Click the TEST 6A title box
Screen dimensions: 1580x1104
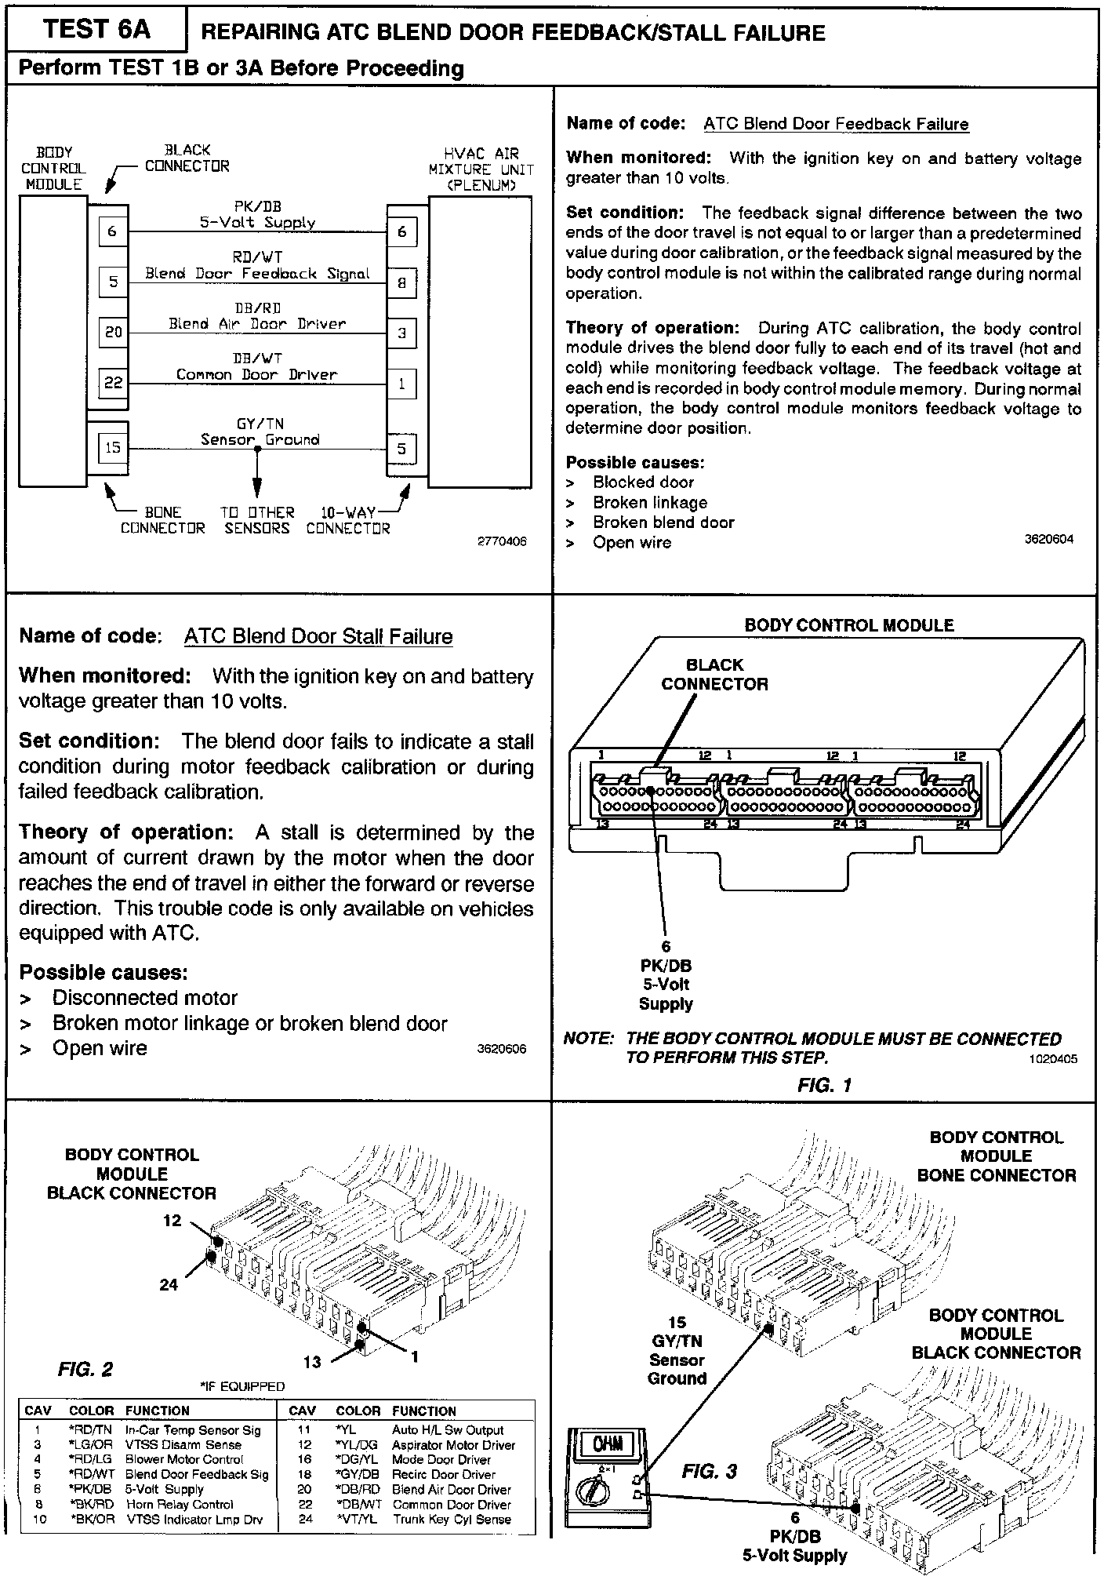(x=96, y=30)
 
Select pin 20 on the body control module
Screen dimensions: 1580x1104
(x=114, y=332)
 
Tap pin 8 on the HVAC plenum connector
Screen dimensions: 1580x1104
(x=401, y=283)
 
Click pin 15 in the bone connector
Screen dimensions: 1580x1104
(x=113, y=447)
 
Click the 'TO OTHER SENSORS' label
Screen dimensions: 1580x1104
(x=256, y=520)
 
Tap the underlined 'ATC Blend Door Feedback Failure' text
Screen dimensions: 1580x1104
(x=836, y=124)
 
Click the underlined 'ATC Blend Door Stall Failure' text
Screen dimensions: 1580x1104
(x=318, y=636)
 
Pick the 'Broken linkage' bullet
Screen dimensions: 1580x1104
(x=650, y=502)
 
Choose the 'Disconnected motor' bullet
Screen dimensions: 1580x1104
(x=144, y=998)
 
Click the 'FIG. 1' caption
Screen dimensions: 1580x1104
(x=823, y=1085)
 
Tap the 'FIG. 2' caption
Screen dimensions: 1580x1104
(x=85, y=1370)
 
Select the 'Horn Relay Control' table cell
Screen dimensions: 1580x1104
(x=180, y=1504)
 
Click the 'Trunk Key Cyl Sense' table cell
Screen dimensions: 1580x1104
(x=452, y=1519)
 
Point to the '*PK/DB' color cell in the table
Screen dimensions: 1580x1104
(x=93, y=1489)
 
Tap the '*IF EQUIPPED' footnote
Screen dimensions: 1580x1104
(x=243, y=1385)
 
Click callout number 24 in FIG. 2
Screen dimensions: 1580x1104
(x=169, y=1284)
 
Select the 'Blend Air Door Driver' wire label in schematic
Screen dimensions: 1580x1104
(x=257, y=323)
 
